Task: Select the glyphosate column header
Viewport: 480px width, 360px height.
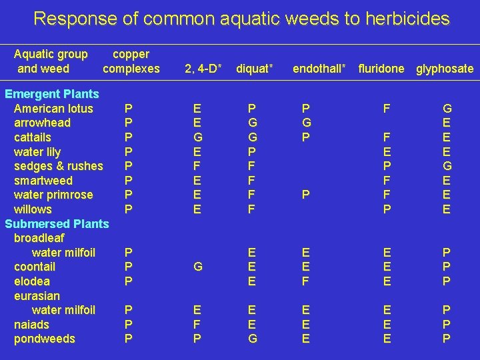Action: tap(445, 69)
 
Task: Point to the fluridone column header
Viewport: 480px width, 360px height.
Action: tap(381, 69)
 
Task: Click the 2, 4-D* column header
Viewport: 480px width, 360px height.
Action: tap(201, 69)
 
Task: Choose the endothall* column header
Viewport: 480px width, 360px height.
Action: tap(319, 69)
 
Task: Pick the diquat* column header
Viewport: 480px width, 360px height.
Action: tap(255, 69)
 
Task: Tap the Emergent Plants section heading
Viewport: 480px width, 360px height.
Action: tap(51, 94)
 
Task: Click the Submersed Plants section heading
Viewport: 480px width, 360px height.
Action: tap(57, 224)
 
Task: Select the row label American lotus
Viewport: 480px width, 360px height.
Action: tap(53, 109)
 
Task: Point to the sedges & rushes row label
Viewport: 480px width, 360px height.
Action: tap(59, 166)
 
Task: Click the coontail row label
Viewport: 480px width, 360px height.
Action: tap(35, 267)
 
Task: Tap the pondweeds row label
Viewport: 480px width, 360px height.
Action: tap(45, 339)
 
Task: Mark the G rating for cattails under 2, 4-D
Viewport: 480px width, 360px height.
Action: tap(198, 137)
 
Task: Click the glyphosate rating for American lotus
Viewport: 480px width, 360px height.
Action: tap(447, 109)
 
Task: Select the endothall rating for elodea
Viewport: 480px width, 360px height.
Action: tap(305, 281)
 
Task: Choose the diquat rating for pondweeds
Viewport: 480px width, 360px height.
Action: tap(252, 339)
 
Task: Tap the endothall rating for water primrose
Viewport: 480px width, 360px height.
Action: tap(305, 195)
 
